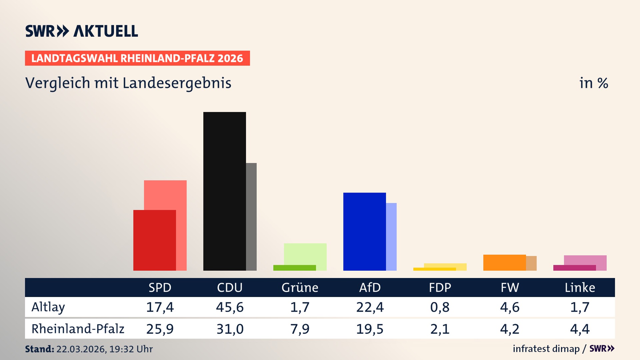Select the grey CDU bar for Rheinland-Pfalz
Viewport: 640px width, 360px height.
pos(251,217)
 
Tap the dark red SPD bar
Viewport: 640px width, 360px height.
pos(154,240)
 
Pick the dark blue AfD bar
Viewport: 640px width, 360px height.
pos(364,231)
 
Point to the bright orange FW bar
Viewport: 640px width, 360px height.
pos(504,262)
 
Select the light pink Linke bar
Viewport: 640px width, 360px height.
pos(585,260)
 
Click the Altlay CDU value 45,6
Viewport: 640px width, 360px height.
pos(230,307)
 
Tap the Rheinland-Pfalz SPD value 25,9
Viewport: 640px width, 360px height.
pos(160,329)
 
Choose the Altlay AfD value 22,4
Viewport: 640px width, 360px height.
pos(370,307)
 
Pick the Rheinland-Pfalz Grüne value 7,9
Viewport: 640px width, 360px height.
pos(300,329)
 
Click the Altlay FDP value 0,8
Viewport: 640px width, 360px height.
pos(440,307)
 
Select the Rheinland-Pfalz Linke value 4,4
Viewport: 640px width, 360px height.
pos(580,329)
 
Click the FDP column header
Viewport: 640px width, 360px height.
pos(440,287)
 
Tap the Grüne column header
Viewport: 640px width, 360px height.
pos(300,287)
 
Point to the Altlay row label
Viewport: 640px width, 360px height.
pos(48,307)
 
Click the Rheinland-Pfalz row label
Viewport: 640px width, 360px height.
pos(78,329)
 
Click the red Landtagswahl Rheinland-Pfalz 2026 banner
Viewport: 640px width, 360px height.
pos(137,58)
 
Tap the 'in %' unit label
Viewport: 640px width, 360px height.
pos(593,83)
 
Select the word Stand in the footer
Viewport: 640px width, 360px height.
pos(39,349)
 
